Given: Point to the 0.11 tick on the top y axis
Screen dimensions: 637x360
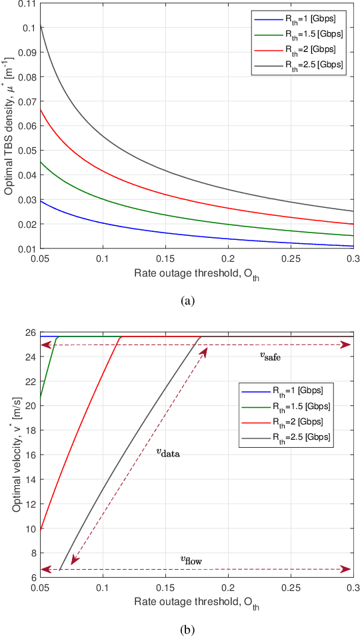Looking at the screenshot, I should pyautogui.click(x=27, y=4).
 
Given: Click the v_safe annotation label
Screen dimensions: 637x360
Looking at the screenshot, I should pyautogui.click(x=270, y=356).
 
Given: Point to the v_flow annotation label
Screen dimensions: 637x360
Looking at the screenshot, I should pyautogui.click(x=191, y=560).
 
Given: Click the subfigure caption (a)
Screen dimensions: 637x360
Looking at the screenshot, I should pyautogui.click(x=188, y=301).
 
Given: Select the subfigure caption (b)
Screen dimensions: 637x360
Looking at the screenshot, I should pyautogui.click(x=188, y=628).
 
